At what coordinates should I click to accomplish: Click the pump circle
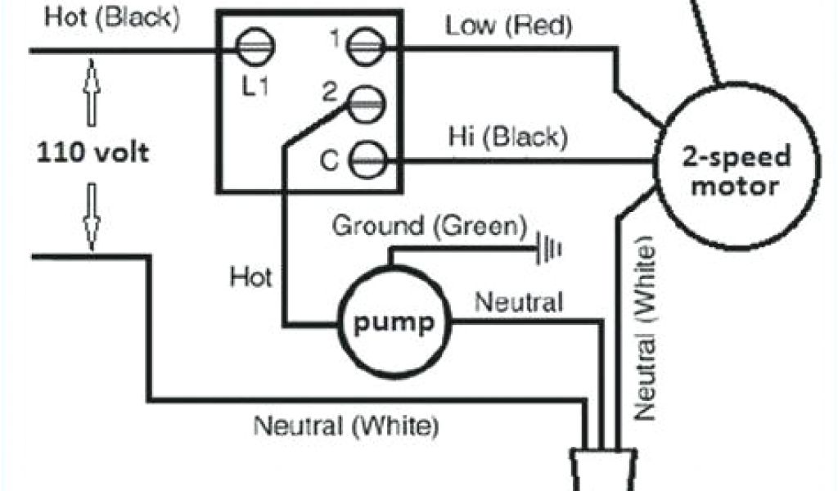point(393,322)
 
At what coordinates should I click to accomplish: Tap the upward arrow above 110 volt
point(92,92)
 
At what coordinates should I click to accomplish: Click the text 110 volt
point(92,152)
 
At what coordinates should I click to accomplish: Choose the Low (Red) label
point(509,26)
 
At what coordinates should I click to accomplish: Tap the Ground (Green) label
point(429,227)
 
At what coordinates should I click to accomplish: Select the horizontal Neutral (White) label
point(346,426)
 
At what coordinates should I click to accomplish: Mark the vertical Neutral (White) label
point(647,328)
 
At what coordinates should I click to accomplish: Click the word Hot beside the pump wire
point(250,278)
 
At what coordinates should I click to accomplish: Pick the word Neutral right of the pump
point(519,303)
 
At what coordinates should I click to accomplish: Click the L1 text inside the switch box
point(255,86)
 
